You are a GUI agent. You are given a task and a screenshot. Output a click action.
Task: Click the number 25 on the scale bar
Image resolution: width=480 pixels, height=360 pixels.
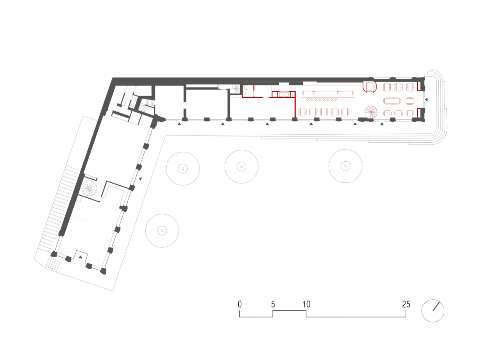coord(406,304)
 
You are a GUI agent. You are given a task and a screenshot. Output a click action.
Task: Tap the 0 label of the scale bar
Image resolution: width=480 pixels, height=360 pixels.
coord(240,304)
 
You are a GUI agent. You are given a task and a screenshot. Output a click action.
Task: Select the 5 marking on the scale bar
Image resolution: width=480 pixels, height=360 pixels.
coord(273,304)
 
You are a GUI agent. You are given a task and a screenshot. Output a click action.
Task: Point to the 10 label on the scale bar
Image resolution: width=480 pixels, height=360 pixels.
coord(306,304)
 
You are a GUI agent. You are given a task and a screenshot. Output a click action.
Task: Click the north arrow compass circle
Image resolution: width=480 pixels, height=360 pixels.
coord(433,311)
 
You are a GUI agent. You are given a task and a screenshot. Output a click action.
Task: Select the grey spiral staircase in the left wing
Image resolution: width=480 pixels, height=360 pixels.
coord(89,188)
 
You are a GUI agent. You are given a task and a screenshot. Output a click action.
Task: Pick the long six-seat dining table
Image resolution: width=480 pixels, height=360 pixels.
coord(392,100)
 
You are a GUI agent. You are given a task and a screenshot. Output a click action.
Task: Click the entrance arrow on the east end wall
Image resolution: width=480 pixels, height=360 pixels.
coord(426,100)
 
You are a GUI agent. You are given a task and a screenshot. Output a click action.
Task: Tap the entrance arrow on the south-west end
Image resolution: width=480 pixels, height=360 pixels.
coord(80,256)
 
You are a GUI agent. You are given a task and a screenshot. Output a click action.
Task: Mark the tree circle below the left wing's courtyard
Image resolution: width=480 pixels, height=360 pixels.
coord(162,231)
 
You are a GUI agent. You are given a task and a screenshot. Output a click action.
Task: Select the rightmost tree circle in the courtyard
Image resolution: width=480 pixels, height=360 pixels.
coord(345,166)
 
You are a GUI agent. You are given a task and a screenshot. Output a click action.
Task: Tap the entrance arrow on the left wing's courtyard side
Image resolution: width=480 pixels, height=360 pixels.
coord(141,179)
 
